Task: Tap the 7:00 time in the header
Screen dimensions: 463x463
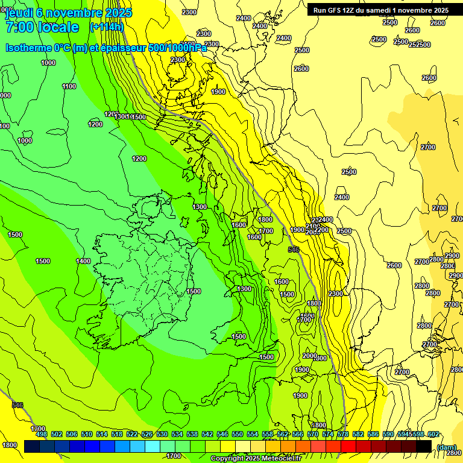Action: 22,27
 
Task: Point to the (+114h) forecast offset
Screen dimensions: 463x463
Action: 106,27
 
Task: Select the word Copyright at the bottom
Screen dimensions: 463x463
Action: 227,459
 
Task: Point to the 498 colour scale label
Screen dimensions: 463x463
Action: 42,434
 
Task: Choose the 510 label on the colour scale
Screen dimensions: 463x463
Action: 87,434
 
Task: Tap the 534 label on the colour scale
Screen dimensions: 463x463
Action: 177,434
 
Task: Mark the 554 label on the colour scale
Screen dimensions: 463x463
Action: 253,434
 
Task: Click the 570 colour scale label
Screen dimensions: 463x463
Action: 313,434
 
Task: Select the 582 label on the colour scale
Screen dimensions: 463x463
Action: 358,434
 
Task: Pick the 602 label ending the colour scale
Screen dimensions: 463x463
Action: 433,434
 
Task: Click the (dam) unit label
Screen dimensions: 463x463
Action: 447,447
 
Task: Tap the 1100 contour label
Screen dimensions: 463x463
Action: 69,86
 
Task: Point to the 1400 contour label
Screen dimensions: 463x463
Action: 83,261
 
